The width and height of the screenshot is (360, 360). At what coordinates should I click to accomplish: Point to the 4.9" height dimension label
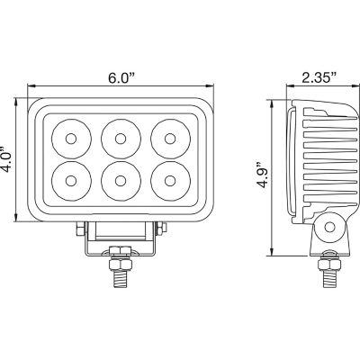coord(261,173)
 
